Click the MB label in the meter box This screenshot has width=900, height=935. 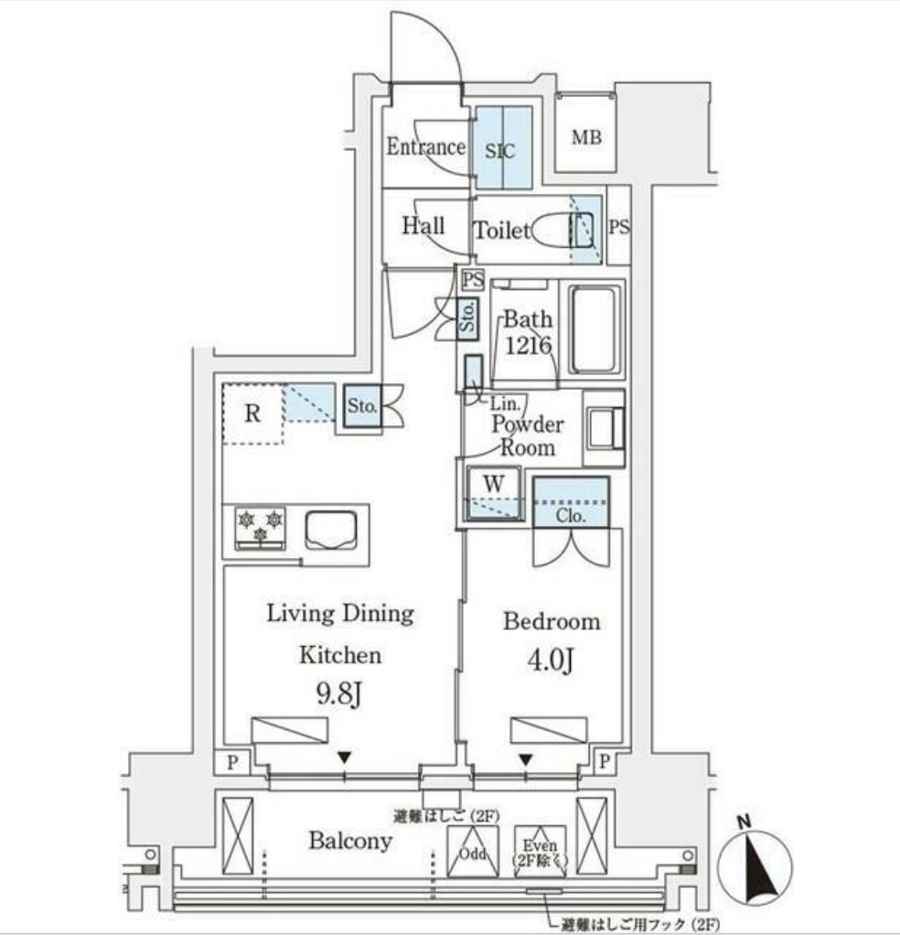(x=586, y=138)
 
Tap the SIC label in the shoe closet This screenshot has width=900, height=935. (x=499, y=151)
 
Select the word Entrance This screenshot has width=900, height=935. (x=425, y=146)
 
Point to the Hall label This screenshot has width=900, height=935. (x=423, y=225)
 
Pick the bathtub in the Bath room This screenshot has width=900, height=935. (x=594, y=329)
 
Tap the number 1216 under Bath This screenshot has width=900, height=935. (x=528, y=345)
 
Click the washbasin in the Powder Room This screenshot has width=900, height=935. (x=605, y=427)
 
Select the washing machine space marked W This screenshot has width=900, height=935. (x=493, y=493)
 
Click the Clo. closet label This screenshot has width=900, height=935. (x=571, y=515)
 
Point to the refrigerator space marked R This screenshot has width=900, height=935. (x=252, y=414)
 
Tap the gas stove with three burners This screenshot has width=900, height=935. (x=260, y=528)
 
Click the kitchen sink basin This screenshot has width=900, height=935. (x=331, y=530)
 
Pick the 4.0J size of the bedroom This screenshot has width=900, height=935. (x=551, y=661)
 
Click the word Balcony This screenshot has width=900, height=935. (x=350, y=841)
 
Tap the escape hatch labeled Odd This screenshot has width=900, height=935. (x=473, y=852)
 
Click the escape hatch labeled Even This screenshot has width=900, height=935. (x=540, y=852)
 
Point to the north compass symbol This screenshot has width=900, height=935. (x=754, y=865)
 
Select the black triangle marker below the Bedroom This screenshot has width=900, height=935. (x=525, y=759)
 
